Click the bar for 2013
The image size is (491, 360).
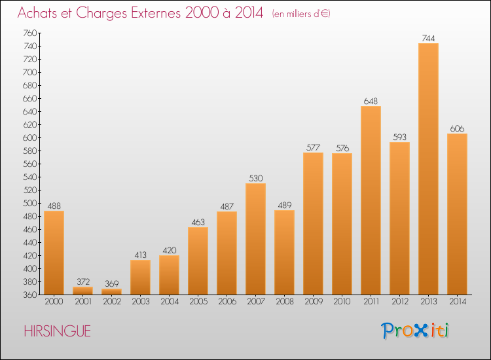428,169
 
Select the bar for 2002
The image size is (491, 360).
111,291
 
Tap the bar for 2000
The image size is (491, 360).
54,253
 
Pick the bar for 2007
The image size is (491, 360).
255,239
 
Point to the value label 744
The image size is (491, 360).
428,38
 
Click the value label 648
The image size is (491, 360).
371,101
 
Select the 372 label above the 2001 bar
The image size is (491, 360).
83,281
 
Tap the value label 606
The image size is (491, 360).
457,129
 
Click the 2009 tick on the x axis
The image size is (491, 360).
314,302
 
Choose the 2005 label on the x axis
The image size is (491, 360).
198,302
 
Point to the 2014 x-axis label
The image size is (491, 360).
458,302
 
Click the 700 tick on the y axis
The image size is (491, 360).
29,72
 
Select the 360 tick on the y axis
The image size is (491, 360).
29,295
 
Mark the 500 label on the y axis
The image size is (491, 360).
29,203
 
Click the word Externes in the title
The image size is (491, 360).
156,12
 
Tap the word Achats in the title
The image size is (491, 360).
37,12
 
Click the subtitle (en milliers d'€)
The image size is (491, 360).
301,14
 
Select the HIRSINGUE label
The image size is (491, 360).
58,331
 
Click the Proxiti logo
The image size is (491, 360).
415,331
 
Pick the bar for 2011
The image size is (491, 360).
371,200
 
